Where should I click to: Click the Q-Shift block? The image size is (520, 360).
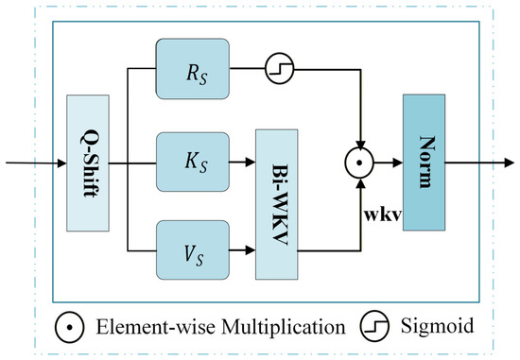coord(88,163)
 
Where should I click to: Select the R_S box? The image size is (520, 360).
coord(193,69)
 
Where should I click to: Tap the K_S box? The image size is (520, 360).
coord(193,163)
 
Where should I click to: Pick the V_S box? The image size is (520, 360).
coord(193,250)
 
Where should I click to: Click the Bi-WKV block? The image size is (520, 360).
coord(277,204)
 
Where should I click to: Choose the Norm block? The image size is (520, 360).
coord(425,163)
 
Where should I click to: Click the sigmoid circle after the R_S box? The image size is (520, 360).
coord(280,69)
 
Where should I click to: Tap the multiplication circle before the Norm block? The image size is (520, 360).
coord(359,163)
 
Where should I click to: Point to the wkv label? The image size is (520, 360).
coord(383,215)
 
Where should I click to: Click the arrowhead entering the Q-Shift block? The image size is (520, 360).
coord(62,163)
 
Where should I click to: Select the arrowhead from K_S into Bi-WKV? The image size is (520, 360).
coord(251,163)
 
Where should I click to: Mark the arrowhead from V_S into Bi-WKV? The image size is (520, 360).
coord(251,250)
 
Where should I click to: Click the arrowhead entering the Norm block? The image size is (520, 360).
coord(398,163)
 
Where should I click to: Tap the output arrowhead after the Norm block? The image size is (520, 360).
coord(510,163)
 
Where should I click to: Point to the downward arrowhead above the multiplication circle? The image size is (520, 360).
coord(360,144)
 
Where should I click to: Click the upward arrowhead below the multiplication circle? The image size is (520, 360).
coord(360,182)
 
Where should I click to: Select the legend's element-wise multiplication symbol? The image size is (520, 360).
coord(69,327)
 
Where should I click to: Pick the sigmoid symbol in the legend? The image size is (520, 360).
coord(374,326)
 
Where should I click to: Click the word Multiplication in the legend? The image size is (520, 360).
coord(284,327)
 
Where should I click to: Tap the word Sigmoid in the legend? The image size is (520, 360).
coord(437,326)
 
